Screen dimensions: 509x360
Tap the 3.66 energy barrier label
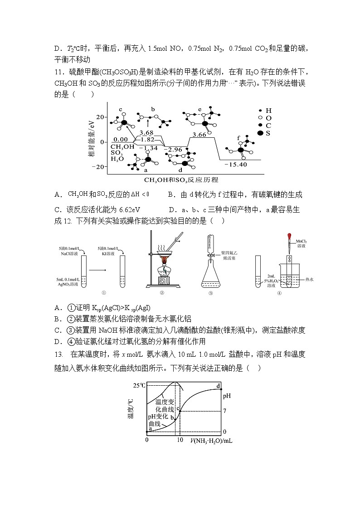199,135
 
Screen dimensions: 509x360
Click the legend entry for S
268,133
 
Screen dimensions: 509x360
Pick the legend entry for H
268,111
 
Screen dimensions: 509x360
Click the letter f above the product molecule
239,138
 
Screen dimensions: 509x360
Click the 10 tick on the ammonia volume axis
180,440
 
